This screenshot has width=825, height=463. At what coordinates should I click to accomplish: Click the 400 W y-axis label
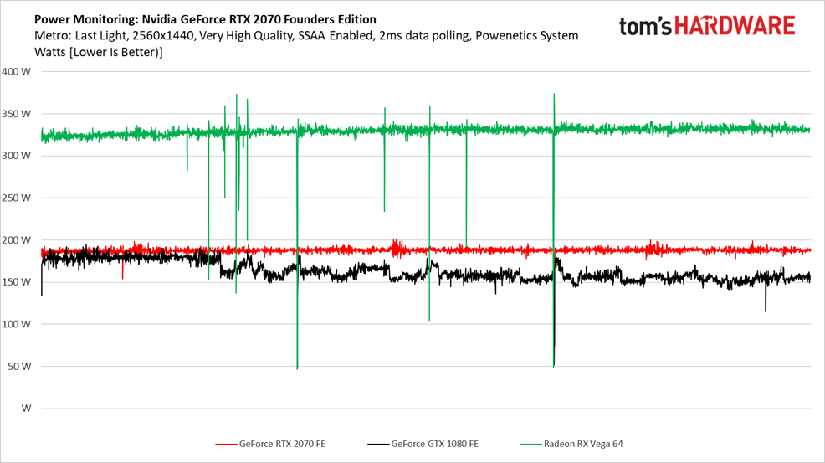point(17,71)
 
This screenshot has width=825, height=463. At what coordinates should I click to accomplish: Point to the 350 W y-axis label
point(17,114)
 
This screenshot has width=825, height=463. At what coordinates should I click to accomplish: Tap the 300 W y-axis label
point(17,156)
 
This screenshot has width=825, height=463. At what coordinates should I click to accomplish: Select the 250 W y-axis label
point(17,198)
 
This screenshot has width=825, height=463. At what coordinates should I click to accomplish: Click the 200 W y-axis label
point(17,240)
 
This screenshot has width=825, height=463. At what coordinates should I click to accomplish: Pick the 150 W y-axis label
point(17,282)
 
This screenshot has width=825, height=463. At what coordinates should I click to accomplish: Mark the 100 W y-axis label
point(17,324)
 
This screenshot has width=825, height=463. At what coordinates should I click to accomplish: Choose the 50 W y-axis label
point(19,367)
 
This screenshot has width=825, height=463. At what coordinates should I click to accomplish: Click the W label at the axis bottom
point(26,409)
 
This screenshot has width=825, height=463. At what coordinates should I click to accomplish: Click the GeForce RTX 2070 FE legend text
point(282,444)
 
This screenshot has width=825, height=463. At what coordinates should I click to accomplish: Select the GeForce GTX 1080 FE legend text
point(434,444)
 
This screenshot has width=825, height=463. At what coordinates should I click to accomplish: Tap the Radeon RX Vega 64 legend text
point(583,444)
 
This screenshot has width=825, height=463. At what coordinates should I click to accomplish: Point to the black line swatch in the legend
point(378,444)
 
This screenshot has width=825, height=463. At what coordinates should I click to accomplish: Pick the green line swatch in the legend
point(530,444)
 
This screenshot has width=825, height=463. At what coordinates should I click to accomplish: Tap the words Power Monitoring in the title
point(80,19)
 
